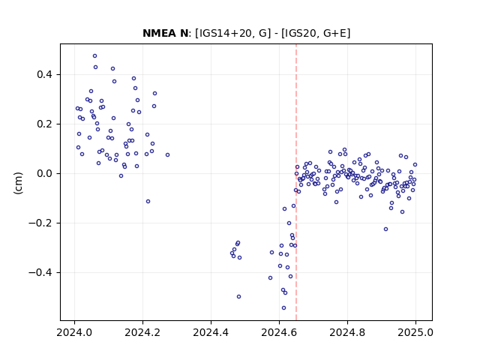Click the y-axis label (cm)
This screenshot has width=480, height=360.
click(x=18, y=183)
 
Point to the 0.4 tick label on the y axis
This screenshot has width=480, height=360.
click(x=45, y=75)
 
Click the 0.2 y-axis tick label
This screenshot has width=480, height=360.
click(x=45, y=124)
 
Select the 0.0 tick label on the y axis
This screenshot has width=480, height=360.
click(x=45, y=173)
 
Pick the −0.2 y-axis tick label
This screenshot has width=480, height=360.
click(x=41, y=223)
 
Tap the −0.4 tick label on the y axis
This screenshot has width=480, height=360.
click(x=41, y=273)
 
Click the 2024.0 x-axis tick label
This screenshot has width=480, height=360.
click(x=74, y=332)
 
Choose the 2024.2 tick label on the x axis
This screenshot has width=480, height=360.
click(x=142, y=332)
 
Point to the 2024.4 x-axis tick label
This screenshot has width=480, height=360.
click(x=211, y=332)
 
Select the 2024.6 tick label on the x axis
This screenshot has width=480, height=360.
click(x=279, y=332)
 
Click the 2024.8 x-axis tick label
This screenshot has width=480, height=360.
click(x=347, y=332)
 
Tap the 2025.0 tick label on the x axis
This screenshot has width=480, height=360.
click(x=415, y=332)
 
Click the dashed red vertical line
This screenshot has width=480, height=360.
click(x=296, y=182)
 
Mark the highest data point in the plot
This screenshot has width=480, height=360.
click(x=95, y=56)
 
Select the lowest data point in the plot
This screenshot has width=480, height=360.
click(x=283, y=308)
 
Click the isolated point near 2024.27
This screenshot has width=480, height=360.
click(x=167, y=155)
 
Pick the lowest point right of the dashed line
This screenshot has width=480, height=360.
click(x=385, y=229)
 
